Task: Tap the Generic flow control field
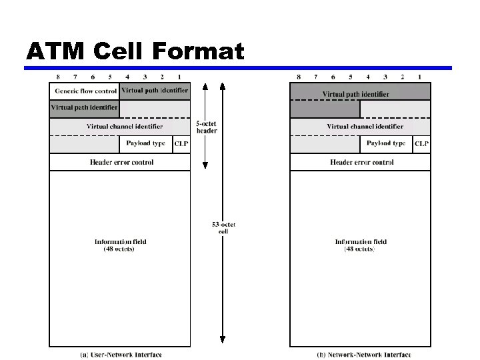pos(85,91)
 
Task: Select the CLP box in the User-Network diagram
pos(181,143)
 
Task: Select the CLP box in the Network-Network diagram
pos(421,143)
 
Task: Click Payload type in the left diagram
pos(145,143)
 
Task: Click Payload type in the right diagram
pos(386,143)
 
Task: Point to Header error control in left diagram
pos(121,162)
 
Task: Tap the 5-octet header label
pos(206,127)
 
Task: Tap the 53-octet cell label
pos(223,227)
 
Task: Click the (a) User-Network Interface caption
pos(121,355)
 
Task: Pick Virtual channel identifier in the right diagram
pos(365,126)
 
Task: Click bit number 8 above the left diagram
pos(58,77)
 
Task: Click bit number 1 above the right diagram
pos(420,77)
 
